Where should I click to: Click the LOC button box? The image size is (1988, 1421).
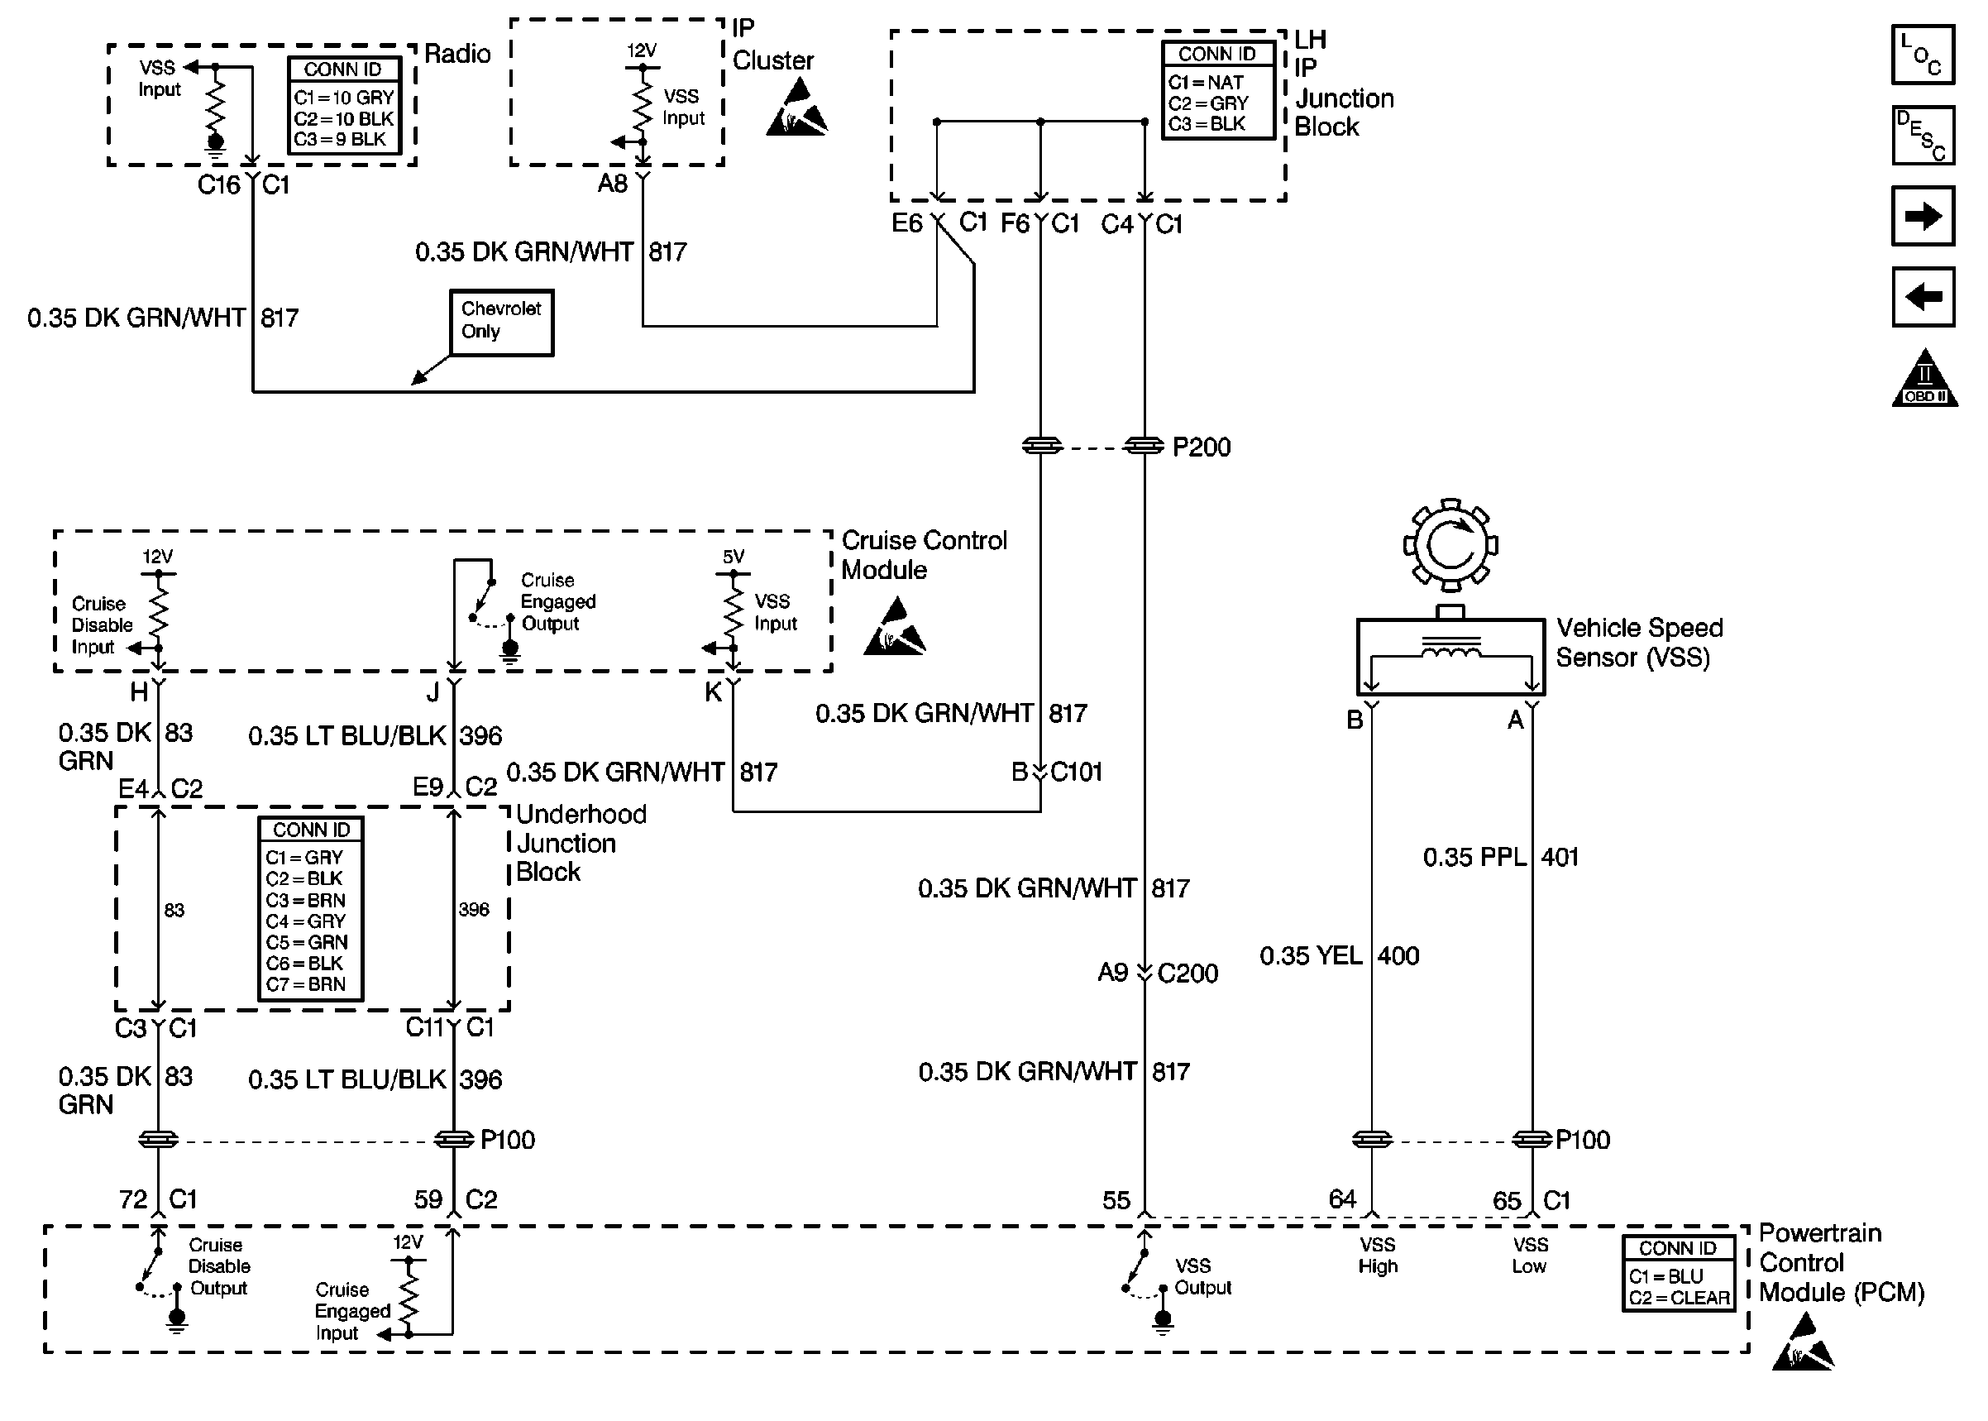point(1922,55)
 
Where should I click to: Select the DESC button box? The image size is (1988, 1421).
point(1922,136)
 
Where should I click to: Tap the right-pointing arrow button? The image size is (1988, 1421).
point(1922,215)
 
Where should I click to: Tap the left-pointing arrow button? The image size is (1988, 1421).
point(1922,297)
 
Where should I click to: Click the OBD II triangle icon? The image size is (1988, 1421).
point(1924,380)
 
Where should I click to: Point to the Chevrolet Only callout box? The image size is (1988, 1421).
point(501,322)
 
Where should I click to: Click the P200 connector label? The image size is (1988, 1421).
point(1201,447)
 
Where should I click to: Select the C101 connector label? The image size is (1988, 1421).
point(1076,772)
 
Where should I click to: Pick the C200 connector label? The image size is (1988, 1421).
point(1187,973)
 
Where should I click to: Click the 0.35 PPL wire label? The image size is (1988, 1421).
point(1474,857)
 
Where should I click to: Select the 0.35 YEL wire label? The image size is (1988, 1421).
point(1311,955)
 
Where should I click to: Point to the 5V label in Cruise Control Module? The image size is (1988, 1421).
point(733,557)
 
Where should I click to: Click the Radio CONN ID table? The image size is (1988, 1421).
point(344,105)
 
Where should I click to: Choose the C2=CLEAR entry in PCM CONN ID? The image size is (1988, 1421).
point(1680,1299)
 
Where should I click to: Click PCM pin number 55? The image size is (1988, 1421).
point(1116,1199)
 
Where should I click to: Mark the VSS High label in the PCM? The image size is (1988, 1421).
point(1378,1256)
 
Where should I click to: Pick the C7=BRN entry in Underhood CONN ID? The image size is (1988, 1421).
point(306,984)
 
